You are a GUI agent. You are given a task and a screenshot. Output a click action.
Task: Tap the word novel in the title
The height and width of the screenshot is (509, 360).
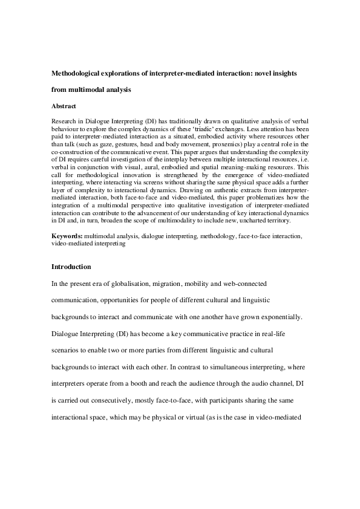[250, 73]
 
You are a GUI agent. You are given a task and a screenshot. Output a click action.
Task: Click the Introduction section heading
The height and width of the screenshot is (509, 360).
[71, 267]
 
